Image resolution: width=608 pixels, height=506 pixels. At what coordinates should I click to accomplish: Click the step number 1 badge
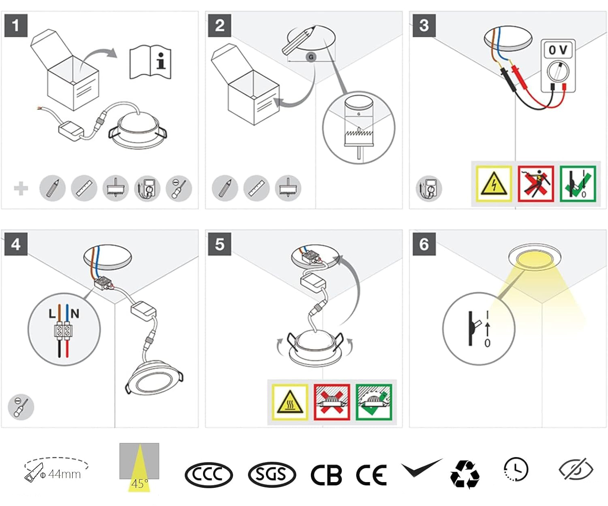click(16, 25)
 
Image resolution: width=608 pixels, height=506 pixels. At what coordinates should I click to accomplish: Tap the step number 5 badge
click(220, 244)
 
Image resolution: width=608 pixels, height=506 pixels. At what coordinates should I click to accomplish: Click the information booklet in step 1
click(150, 62)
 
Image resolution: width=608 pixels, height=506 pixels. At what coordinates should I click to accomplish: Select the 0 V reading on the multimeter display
click(558, 50)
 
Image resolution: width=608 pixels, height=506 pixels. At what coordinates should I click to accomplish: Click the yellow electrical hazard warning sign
click(494, 183)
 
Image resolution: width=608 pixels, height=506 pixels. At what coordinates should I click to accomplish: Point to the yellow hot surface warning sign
click(290, 402)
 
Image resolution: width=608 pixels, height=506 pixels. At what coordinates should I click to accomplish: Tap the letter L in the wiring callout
click(52, 314)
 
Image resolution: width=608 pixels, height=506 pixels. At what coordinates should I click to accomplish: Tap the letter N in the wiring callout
click(75, 314)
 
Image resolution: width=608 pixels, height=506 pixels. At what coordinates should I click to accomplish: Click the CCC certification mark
click(209, 475)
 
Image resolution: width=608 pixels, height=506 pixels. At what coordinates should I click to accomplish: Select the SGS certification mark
click(272, 475)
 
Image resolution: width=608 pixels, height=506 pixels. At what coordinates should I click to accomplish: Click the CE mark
click(371, 475)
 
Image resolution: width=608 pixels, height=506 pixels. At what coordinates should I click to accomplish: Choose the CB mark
click(326, 475)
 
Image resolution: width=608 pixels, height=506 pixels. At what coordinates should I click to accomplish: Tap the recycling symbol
click(465, 474)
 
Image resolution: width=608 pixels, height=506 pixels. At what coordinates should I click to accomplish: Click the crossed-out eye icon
click(576, 469)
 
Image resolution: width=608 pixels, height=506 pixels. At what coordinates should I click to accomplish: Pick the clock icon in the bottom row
click(516, 469)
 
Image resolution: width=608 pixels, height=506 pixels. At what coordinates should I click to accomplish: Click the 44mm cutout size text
click(64, 474)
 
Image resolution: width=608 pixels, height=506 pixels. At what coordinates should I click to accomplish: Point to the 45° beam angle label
click(140, 484)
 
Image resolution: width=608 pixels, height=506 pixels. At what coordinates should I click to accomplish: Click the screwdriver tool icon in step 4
click(21, 407)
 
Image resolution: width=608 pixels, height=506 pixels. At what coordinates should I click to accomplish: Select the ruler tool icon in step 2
click(257, 188)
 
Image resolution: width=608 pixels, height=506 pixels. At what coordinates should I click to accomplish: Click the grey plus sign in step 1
click(21, 189)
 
